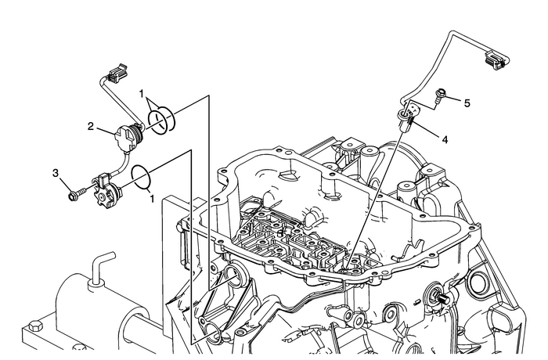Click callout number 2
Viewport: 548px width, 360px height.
tap(91, 126)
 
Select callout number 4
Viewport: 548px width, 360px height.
tap(445, 140)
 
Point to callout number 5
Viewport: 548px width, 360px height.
tap(467, 102)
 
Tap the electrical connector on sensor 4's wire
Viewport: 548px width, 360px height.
tap(494, 57)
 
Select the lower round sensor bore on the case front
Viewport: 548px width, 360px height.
tap(212, 337)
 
